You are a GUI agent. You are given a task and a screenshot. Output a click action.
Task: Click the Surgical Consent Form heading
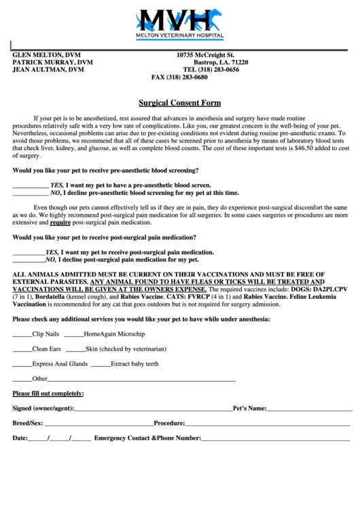pyautogui.click(x=179, y=103)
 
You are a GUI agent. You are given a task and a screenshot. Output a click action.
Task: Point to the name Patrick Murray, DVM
pyautogui.click(x=52, y=62)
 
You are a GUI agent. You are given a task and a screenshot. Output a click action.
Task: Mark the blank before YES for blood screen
pyautogui.click(x=31, y=185)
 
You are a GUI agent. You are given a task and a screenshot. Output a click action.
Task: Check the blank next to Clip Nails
pyautogui.click(x=22, y=334)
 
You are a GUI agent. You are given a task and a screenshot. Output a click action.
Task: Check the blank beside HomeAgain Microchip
pyautogui.click(x=73, y=334)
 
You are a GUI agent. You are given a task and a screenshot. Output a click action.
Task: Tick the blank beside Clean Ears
pyautogui.click(x=22, y=349)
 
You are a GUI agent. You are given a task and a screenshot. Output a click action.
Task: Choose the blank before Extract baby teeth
pyautogui.click(x=101, y=364)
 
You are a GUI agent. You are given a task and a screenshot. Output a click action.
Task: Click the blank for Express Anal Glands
pyautogui.click(x=22, y=364)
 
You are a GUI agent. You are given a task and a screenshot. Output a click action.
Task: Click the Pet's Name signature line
pyautogui.click(x=309, y=410)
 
